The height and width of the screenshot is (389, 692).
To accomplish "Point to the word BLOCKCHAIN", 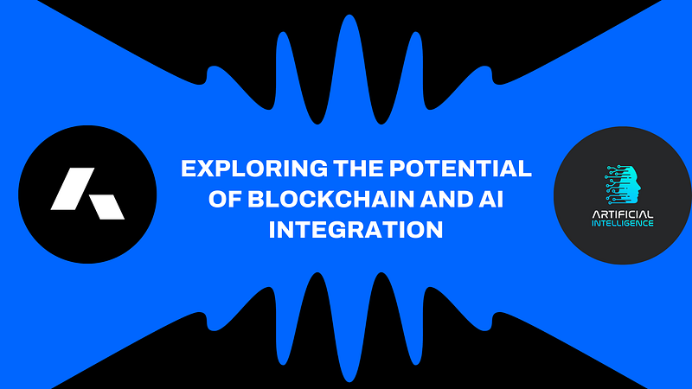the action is [331, 199].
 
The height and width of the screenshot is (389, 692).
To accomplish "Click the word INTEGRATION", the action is [356, 229].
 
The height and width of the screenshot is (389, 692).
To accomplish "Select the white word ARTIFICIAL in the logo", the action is [622, 214].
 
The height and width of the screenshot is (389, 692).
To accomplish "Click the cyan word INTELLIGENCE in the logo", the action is [622, 223].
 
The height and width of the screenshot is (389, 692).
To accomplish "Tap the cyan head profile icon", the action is [623, 185].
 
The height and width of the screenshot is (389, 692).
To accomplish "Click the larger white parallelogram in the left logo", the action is [73, 188].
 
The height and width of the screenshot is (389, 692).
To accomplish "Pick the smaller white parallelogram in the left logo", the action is [107, 207].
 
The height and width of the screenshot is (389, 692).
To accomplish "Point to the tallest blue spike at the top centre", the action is [349, 67].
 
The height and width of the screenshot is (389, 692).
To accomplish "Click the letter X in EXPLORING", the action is [204, 169].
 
